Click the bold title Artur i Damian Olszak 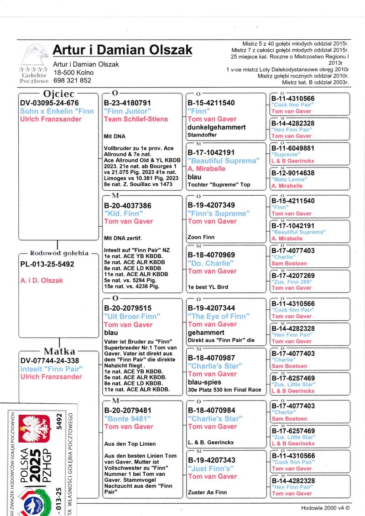[x=122, y=49]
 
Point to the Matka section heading [x=59, y=351]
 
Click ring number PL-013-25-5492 [x=47, y=264]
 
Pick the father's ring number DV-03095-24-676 [x=50, y=103]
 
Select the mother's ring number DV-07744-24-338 [x=50, y=360]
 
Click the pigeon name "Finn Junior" [x=126, y=111]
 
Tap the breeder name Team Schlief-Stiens [x=136, y=119]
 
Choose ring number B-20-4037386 [x=127, y=206]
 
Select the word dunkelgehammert [x=217, y=127]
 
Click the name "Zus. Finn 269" [x=292, y=282]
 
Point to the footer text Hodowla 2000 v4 [x=325, y=508]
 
